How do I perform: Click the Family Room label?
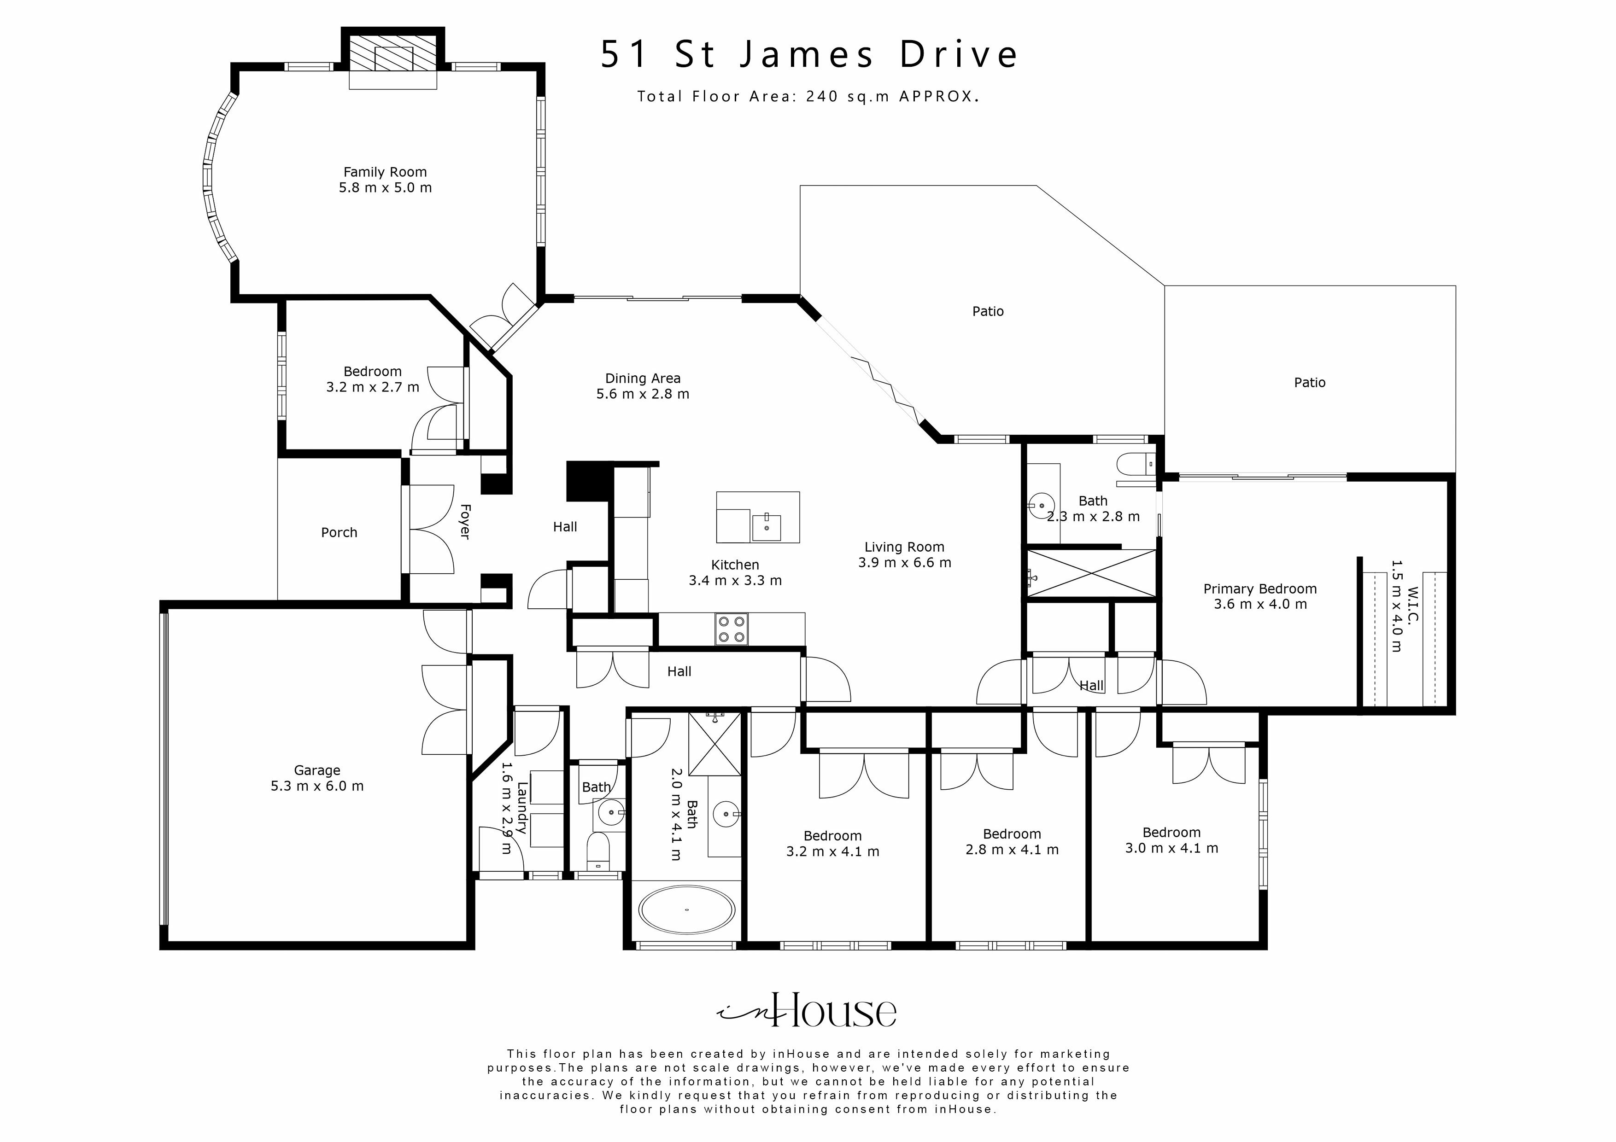point(385,172)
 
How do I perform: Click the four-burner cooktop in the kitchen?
point(731,629)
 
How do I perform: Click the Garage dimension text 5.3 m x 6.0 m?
point(317,786)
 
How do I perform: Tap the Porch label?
point(339,533)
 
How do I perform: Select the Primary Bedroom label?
point(1260,589)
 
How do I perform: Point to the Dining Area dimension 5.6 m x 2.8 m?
point(643,394)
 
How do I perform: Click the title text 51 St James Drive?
point(809,55)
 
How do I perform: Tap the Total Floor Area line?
point(808,96)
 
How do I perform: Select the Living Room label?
point(904,547)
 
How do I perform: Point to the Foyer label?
point(464,521)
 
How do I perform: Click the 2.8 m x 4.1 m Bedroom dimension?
point(1012,849)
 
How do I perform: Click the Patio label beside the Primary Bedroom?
point(1309,382)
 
